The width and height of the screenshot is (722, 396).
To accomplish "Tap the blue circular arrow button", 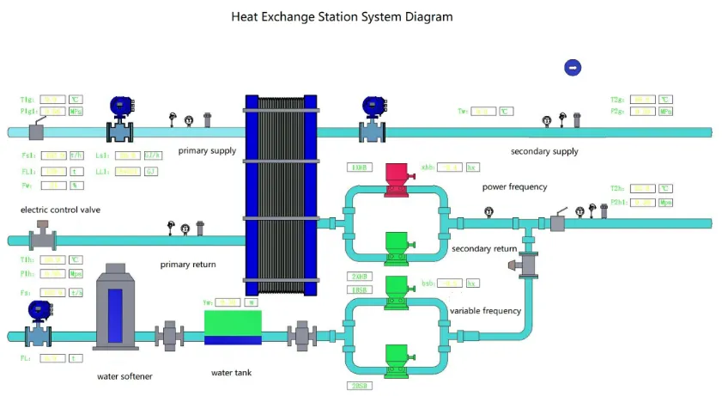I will pyautogui.click(x=573, y=67).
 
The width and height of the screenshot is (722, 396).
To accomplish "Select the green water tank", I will pyautogui.click(x=233, y=327).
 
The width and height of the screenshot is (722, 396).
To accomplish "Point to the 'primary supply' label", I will pyautogui.click(x=207, y=151).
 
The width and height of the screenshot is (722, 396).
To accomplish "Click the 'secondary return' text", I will pyautogui.click(x=484, y=249).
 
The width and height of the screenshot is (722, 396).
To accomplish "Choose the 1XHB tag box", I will pyautogui.click(x=359, y=167).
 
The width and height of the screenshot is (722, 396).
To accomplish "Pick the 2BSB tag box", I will pyautogui.click(x=359, y=386).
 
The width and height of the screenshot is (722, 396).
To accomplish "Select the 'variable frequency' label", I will pyautogui.click(x=485, y=310).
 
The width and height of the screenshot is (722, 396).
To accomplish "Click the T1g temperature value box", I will pyautogui.click(x=52, y=100).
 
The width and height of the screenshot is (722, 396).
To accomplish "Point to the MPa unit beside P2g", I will pyautogui.click(x=665, y=111).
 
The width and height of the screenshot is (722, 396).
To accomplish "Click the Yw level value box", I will pyautogui.click(x=228, y=302).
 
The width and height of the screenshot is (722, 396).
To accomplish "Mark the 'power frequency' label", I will pyautogui.click(x=514, y=186).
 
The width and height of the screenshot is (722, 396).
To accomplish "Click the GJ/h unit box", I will pyautogui.click(x=153, y=155).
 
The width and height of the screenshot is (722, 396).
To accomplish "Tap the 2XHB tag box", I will pyautogui.click(x=359, y=276).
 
